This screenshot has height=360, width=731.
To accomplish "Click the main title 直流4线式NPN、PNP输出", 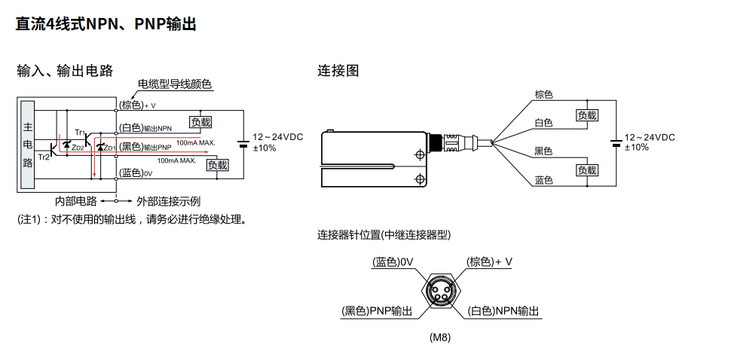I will (106, 25).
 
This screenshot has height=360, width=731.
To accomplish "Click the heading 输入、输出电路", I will (65, 71).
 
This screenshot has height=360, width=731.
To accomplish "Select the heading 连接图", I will (338, 71).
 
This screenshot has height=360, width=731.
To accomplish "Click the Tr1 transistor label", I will (80, 132).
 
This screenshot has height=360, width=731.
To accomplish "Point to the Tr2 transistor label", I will (44, 157).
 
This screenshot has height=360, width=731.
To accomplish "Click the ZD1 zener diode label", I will (110, 148).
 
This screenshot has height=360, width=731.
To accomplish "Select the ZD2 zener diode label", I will (78, 148).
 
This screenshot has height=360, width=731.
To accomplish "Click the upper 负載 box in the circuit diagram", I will (200, 121).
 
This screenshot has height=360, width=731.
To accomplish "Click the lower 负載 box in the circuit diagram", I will (217, 165).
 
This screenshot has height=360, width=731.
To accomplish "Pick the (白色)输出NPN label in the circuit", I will (146, 128).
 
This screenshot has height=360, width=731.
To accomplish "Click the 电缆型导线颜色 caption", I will (175, 84).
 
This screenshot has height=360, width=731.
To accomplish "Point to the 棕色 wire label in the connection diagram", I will (543, 95).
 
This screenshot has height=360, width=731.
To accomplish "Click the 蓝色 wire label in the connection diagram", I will (543, 180).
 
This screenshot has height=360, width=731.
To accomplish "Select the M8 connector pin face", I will (439, 290).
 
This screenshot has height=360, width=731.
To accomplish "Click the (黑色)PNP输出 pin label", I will (378, 311).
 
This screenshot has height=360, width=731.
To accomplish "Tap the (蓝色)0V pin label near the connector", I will (394, 262).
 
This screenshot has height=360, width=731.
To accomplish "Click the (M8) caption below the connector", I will (439, 337).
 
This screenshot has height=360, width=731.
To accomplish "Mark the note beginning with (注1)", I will (132, 220).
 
